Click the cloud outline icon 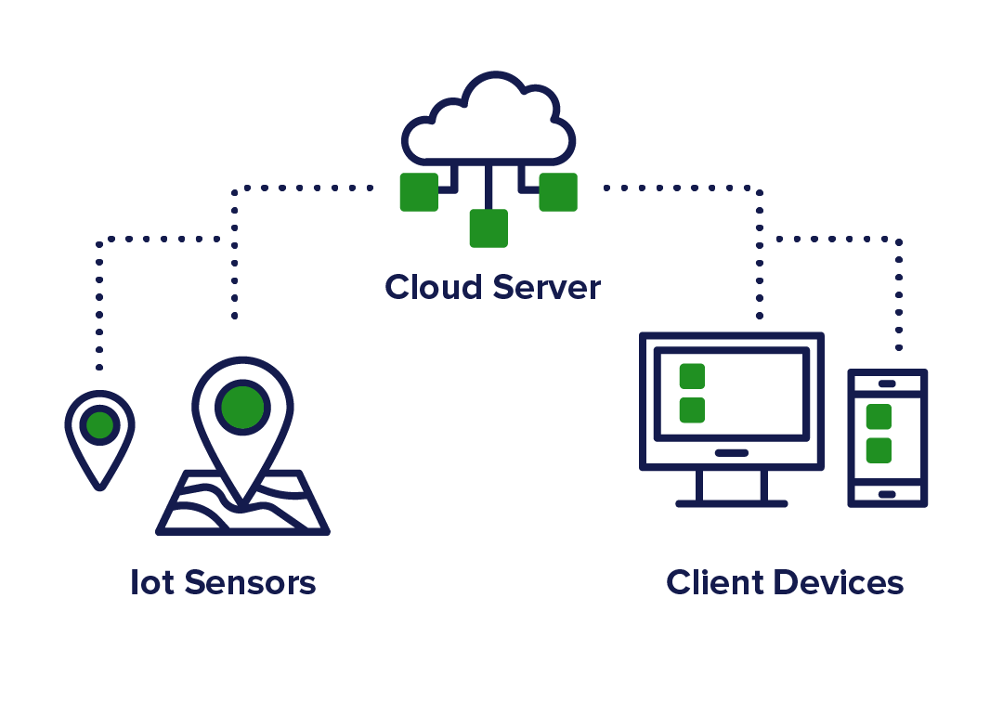[488, 121]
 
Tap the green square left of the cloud [419, 192]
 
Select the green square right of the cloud [558, 192]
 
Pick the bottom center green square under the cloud [488, 228]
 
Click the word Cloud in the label [434, 287]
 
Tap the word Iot [150, 583]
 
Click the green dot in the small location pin [99, 425]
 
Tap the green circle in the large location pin [242, 407]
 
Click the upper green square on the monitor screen [692, 376]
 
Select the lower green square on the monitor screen [692, 410]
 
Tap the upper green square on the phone [879, 417]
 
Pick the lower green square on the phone [879, 450]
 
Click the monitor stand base [732, 503]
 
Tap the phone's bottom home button [887, 494]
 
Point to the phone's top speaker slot [887, 383]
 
